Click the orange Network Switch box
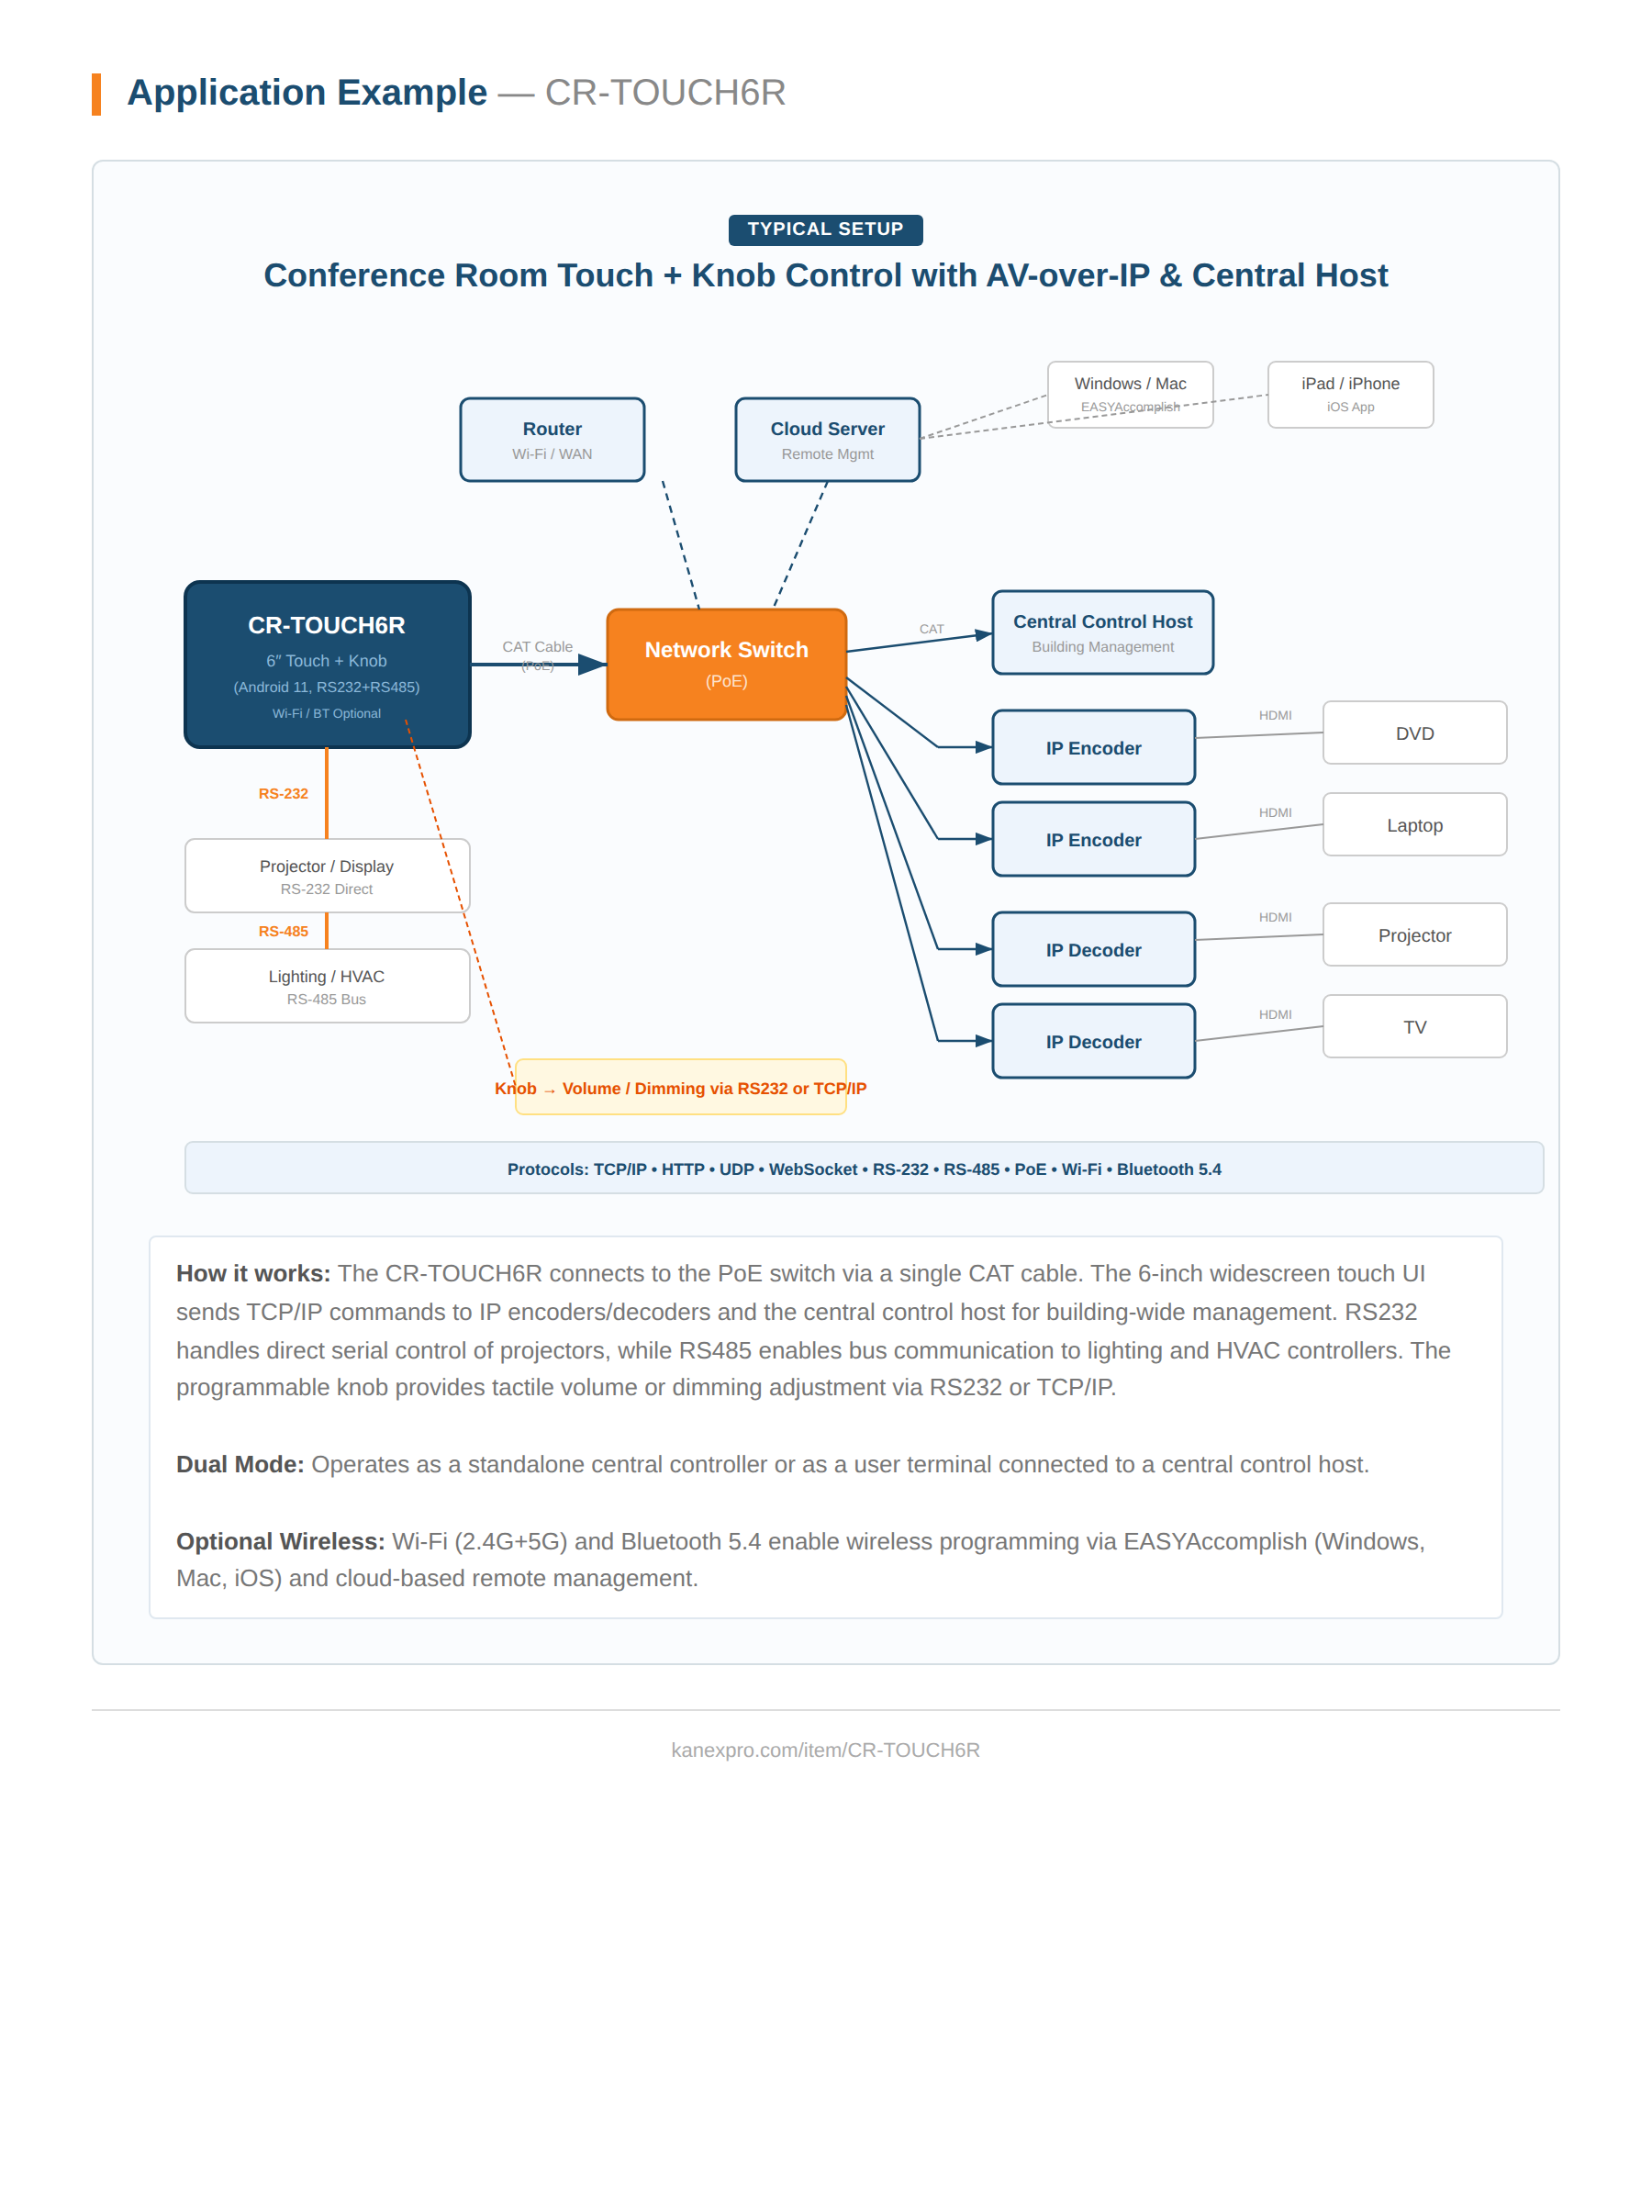pyautogui.click(x=726, y=664)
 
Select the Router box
pyautogui.click(x=552, y=439)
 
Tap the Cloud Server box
pyautogui.click(x=827, y=439)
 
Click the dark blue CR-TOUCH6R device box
pyautogui.click(x=327, y=664)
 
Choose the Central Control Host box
pyautogui.click(x=1101, y=632)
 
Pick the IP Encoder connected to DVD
pyautogui.click(x=1092, y=747)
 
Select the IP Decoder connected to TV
pyautogui.click(x=1092, y=1041)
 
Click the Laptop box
pyautogui.click(x=1413, y=824)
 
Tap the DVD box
pyautogui.click(x=1413, y=733)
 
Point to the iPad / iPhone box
pyautogui.click(x=1349, y=394)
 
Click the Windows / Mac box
pyautogui.click(x=1129, y=394)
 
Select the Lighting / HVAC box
pyautogui.click(x=327, y=985)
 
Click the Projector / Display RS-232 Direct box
pyautogui.click(x=327, y=876)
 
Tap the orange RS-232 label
pyautogui.click(x=283, y=794)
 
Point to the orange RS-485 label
pyautogui.click(x=283, y=931)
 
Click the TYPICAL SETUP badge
pyautogui.click(x=824, y=229)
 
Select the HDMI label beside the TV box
pyautogui.click(x=1274, y=1014)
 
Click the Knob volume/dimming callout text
pyautogui.click(x=680, y=1088)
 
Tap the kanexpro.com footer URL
pyautogui.click(x=824, y=1750)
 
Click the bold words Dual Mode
pyautogui.click(x=239, y=1464)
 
